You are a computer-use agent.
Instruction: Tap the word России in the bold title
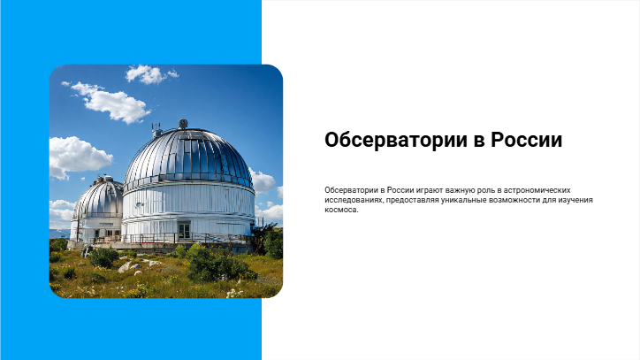[527, 140]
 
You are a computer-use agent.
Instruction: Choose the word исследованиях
[354, 200]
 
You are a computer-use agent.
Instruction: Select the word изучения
[576, 200]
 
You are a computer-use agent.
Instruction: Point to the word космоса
[341, 210]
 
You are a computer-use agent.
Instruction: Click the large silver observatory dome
[188, 158]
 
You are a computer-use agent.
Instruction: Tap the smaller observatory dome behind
[99, 198]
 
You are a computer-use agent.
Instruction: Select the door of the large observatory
[184, 231]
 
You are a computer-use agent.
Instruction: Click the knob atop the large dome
[183, 124]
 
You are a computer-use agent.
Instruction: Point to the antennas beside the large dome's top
[156, 129]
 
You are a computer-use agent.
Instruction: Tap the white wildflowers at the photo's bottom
[234, 293]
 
